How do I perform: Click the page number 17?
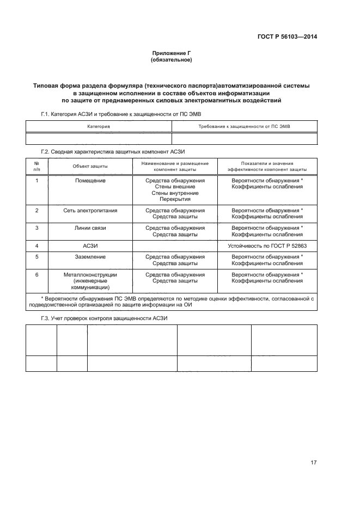(x=313, y=463)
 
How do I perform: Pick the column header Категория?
(x=99, y=126)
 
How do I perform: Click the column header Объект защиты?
(x=90, y=166)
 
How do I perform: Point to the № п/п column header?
(x=36, y=166)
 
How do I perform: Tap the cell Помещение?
(x=90, y=180)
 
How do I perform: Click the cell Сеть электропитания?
(x=90, y=210)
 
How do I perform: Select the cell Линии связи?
(x=90, y=228)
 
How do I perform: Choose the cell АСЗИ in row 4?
(x=90, y=246)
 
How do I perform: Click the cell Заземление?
(x=90, y=256)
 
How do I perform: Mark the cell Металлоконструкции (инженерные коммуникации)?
(x=90, y=281)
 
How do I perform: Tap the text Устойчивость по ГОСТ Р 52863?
(x=267, y=246)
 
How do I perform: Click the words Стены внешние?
(x=175, y=187)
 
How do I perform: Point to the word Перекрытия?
(x=175, y=199)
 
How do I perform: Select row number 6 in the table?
(x=36, y=275)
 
